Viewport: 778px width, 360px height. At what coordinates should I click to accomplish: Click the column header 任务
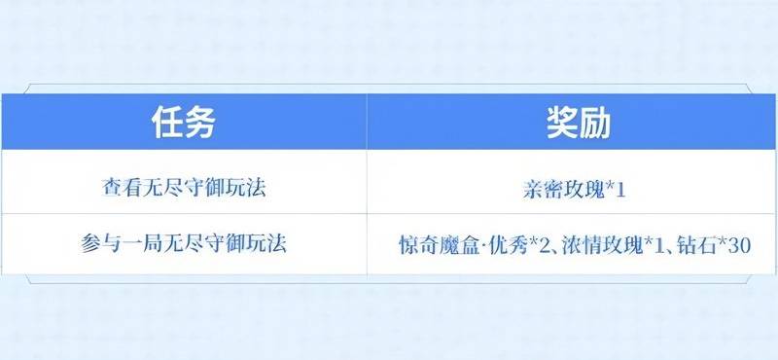click(183, 123)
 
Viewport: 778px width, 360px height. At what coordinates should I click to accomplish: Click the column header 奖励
click(571, 123)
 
